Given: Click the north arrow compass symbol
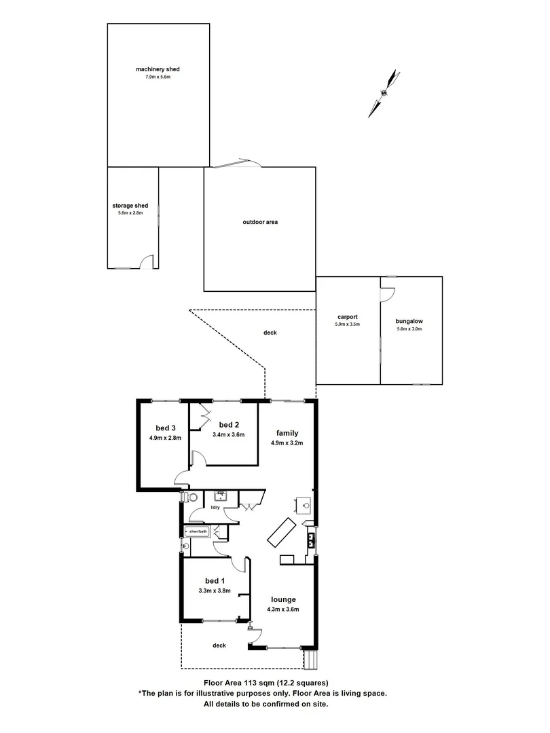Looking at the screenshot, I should [x=382, y=94].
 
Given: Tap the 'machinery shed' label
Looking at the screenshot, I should [x=158, y=69].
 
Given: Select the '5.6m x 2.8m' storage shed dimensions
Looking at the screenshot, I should [x=130, y=213].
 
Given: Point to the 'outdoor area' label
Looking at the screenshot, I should [x=261, y=222].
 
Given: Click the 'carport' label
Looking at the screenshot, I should [x=348, y=317].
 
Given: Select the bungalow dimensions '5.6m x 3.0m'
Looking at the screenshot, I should [x=409, y=329].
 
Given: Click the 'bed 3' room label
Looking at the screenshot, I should [x=166, y=428].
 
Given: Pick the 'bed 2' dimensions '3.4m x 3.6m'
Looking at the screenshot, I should [x=228, y=434].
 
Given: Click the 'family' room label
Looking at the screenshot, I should [x=287, y=433].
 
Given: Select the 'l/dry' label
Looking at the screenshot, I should [x=215, y=508].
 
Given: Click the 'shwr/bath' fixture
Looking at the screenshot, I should [x=197, y=531].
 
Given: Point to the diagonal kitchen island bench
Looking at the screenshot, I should [x=280, y=531].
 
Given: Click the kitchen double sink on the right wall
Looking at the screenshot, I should [x=311, y=540].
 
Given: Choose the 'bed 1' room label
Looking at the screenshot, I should [x=215, y=581].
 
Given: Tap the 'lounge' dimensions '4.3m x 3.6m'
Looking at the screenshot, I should [x=283, y=609].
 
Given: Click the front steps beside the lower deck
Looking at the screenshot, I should [x=310, y=658].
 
